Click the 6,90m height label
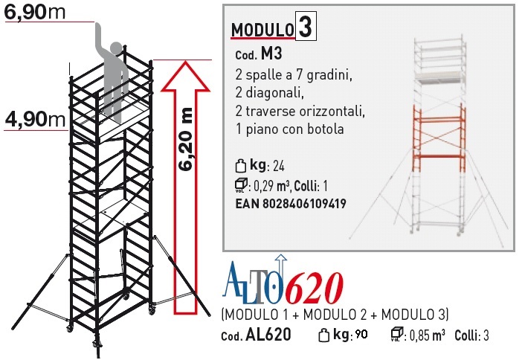35,13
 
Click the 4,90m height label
35,119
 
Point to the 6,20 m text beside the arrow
185,139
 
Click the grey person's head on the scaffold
116,49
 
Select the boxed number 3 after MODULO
306,27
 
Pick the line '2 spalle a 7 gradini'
293,75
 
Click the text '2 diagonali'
269,92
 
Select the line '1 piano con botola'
289,129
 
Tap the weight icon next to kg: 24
240,166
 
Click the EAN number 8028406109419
304,203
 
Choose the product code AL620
268,335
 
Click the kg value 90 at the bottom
361,334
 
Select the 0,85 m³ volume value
427,335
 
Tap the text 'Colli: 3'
471,335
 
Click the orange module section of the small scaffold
439,137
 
